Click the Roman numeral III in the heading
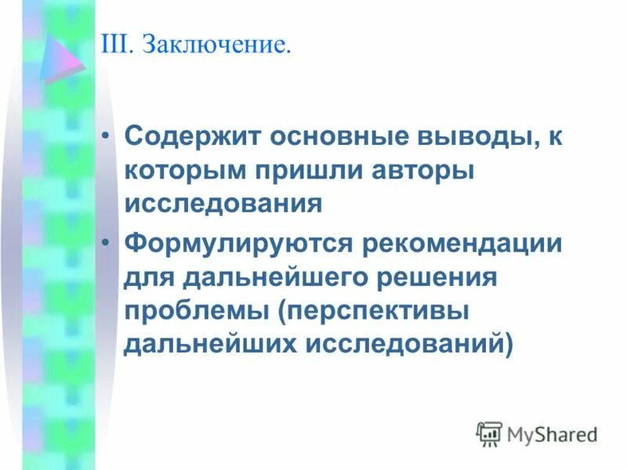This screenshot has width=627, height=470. click(x=115, y=44)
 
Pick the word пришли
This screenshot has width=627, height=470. click(x=306, y=171)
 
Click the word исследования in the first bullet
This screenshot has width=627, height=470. click(x=223, y=204)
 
